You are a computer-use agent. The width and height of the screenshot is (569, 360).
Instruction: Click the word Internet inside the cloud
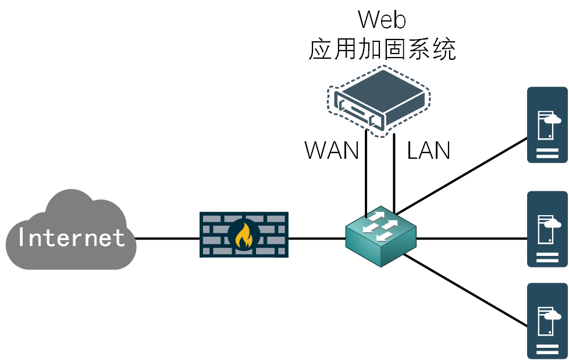(x=72, y=238)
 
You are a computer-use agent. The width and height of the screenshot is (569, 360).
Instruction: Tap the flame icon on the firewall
(x=244, y=235)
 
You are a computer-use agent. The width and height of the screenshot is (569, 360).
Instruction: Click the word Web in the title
(x=382, y=20)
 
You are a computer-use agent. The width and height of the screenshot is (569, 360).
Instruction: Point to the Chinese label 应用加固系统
(x=382, y=50)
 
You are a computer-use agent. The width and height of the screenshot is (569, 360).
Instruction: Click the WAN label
(x=332, y=151)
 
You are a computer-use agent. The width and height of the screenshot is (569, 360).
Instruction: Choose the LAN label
(x=429, y=151)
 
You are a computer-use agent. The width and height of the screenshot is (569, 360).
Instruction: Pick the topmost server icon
(x=547, y=124)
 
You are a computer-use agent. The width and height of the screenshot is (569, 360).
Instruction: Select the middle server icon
(x=547, y=229)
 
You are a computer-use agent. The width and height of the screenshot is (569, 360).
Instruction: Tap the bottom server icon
(x=547, y=320)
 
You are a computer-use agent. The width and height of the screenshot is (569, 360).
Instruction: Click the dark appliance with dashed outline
(x=378, y=100)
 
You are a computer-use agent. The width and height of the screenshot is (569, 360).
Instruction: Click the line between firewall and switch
(x=316, y=238)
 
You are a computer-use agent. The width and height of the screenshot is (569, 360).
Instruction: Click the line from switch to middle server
(x=471, y=238)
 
